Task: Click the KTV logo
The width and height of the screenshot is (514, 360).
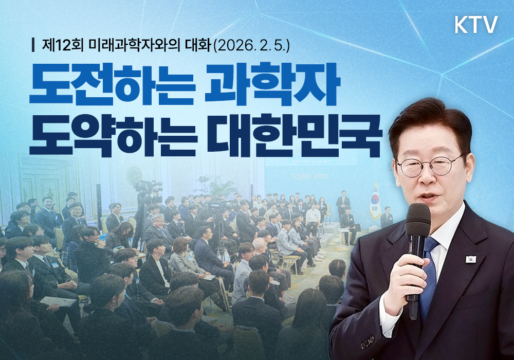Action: [476, 25]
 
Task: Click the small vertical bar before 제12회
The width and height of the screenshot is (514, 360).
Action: [34, 45]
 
